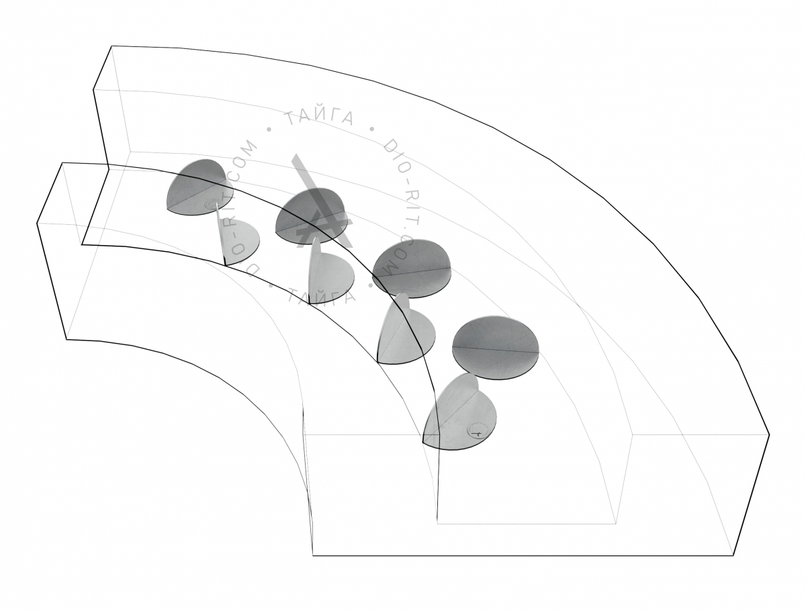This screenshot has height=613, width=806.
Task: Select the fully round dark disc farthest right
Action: coord(495,348)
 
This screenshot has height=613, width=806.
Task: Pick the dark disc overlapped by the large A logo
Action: coord(311,216)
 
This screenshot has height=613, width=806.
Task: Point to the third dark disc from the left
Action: coord(411,269)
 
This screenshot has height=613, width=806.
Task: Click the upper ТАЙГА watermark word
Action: coord(320,117)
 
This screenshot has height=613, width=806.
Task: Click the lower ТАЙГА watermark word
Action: coord(321,295)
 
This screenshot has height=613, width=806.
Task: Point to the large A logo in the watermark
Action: coord(320,205)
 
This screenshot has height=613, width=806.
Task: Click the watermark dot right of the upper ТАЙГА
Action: coord(371,129)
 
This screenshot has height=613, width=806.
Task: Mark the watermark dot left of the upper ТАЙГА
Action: coord(269,129)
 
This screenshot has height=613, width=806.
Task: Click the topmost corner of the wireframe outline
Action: coord(111,46)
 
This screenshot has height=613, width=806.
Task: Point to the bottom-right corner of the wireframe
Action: coord(733,555)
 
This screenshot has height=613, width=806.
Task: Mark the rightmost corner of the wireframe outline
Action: coord(769,435)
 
